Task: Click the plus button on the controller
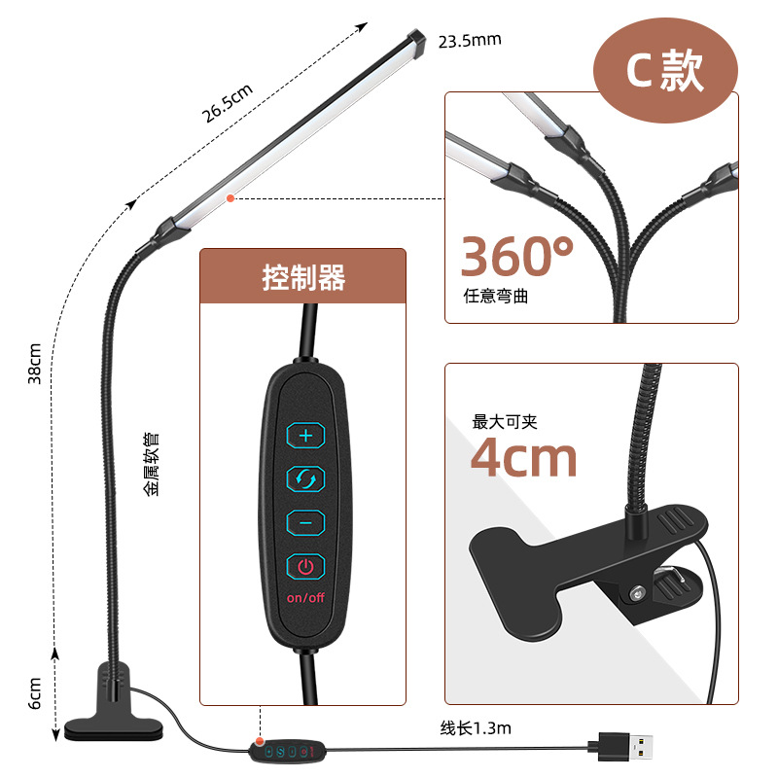(305, 436)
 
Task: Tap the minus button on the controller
(305, 523)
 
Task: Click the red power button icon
(305, 566)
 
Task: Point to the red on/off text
(305, 597)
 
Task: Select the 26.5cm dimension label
(227, 100)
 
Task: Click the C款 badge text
(665, 73)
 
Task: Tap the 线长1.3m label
(476, 726)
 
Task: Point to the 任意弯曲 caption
(496, 297)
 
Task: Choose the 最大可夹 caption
(505, 421)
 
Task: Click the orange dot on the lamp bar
(230, 197)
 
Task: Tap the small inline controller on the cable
(288, 750)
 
